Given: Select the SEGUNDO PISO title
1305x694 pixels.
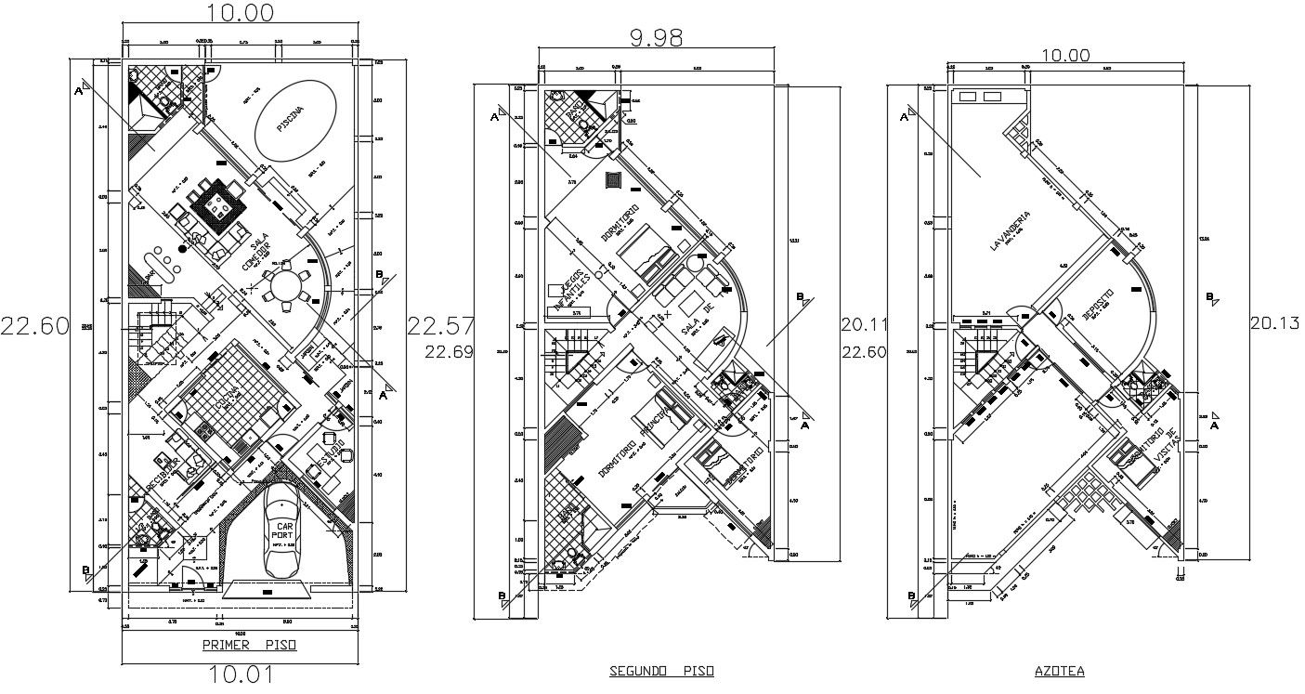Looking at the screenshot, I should tap(662, 670).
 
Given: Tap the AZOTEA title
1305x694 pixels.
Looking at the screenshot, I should tap(1059, 670).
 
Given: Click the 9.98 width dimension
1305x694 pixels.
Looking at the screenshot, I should tap(656, 37).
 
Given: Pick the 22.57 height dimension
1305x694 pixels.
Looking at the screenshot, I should tap(440, 326).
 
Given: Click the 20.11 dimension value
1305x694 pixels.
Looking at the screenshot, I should tap(864, 325).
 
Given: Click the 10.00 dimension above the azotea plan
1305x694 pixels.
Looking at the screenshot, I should tap(1064, 55).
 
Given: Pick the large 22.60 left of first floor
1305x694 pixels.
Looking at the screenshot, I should tap(34, 325).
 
